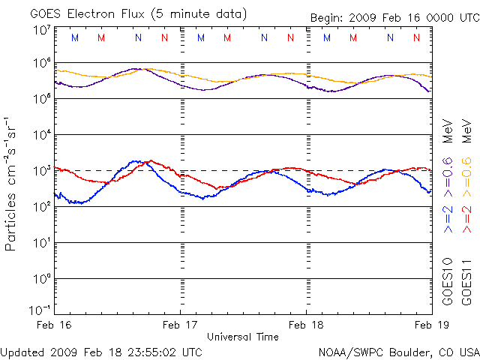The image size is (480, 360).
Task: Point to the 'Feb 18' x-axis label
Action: (x=307, y=325)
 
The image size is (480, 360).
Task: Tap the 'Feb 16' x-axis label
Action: (x=55, y=325)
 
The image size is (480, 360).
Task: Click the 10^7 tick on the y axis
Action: (x=41, y=31)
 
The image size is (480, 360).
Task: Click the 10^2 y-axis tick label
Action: (x=41, y=206)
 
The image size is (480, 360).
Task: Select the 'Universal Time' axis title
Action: (x=243, y=337)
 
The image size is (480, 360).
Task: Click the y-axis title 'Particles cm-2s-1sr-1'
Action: (x=11, y=184)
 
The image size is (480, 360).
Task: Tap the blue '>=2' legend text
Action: (x=448, y=217)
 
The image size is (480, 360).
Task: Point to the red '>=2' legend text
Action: (x=466, y=217)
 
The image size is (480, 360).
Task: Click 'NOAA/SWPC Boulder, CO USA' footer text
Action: (x=398, y=352)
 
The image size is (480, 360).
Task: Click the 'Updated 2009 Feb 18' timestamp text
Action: (x=101, y=352)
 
